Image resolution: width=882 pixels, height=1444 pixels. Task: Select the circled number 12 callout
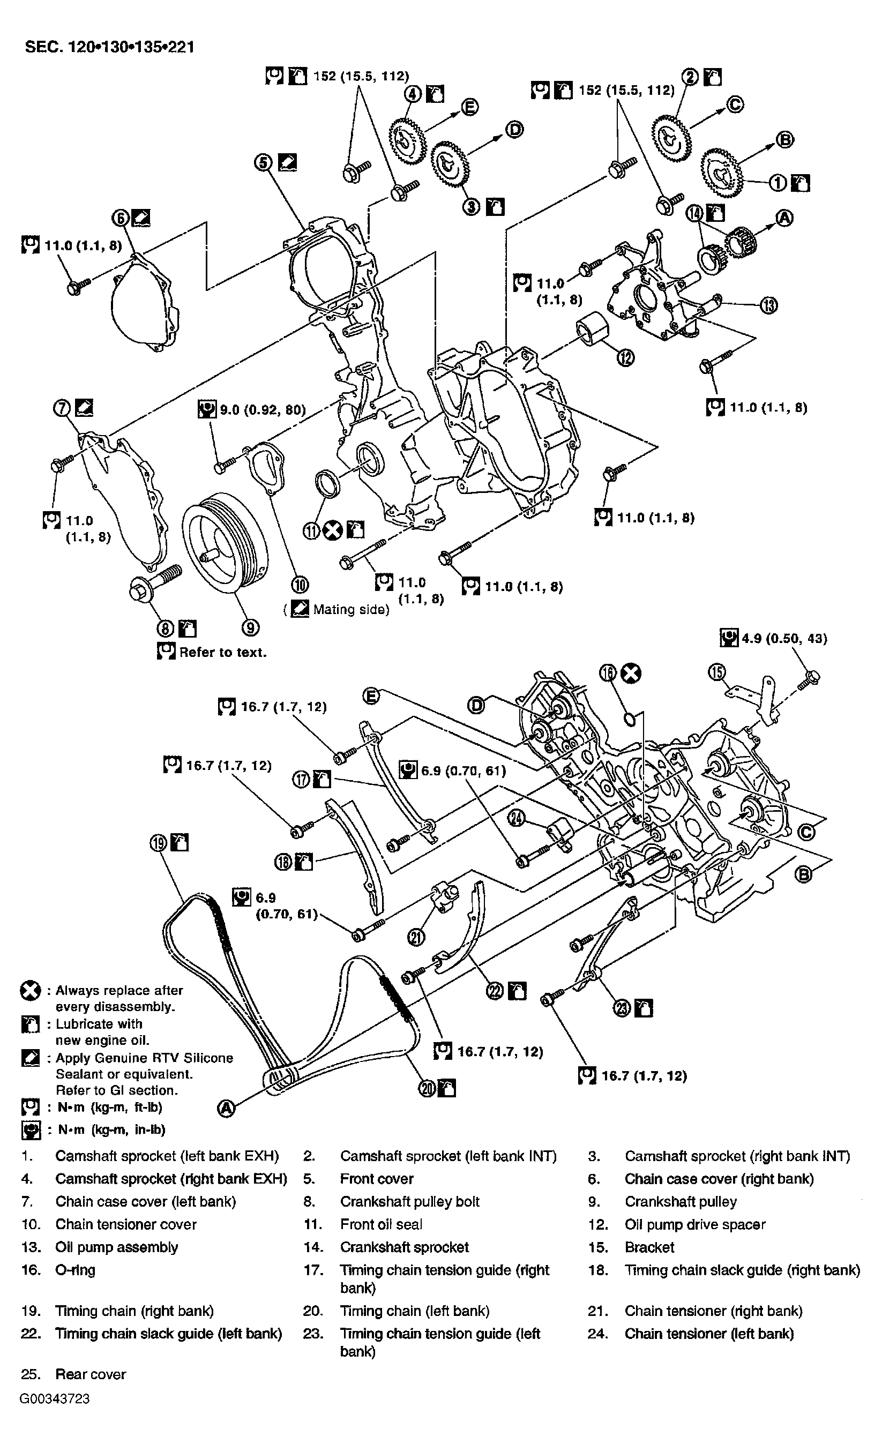pos(626,357)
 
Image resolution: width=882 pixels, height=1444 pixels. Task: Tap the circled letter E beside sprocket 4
pos(469,107)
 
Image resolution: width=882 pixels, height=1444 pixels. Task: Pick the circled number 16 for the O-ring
pos(608,674)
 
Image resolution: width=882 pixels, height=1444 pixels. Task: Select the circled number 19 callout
pos(159,843)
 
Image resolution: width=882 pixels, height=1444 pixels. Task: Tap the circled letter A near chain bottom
pos(226,1108)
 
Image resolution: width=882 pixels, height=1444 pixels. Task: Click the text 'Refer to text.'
pos(223,652)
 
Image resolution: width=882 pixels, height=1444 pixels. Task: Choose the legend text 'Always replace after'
pos(119,990)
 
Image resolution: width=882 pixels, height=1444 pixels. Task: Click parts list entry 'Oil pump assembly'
pos(116,1247)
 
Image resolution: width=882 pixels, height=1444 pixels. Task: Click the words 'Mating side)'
pos(351,610)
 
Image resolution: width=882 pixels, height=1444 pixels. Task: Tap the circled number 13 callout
pos(768,305)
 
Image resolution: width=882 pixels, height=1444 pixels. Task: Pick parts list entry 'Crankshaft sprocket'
pos(405,1247)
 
